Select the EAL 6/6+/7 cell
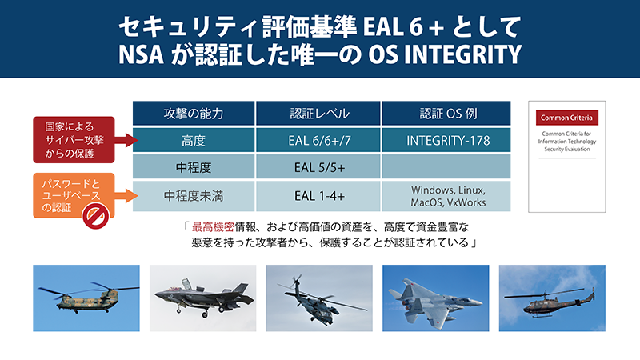tap(318, 140)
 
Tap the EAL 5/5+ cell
tap(318, 167)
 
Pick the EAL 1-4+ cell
tap(318, 196)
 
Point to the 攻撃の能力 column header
tap(194, 113)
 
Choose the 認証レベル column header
tap(318, 113)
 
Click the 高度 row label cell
tap(194, 140)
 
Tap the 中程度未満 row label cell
tap(194, 196)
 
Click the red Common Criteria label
tap(567, 118)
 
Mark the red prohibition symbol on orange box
tap(95, 215)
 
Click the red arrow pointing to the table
tap(126, 140)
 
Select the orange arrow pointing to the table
tap(126, 196)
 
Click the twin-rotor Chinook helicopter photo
tap(86, 298)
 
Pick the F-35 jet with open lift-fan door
tap(203, 298)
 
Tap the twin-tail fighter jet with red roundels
tap(435, 298)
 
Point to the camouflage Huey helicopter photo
tap(552, 298)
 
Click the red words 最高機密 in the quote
tap(212, 226)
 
